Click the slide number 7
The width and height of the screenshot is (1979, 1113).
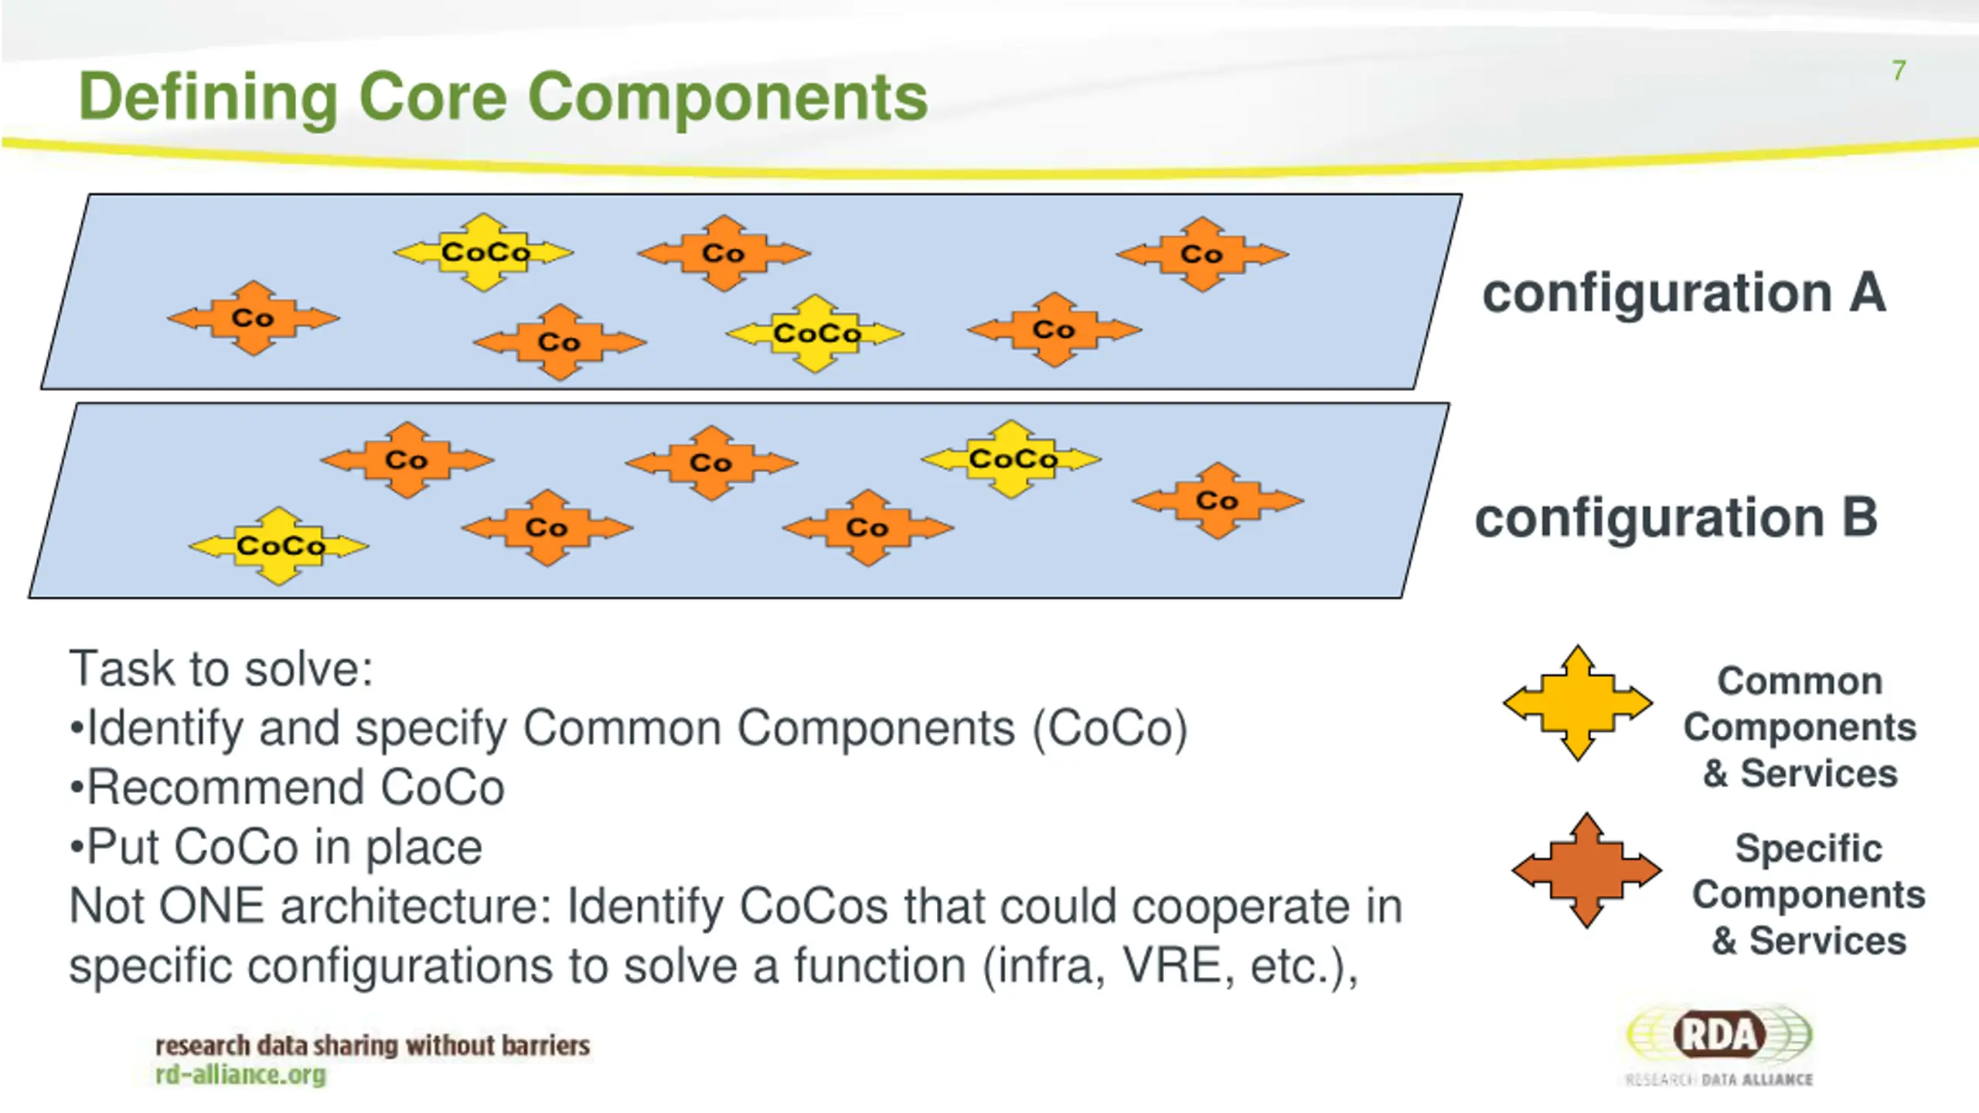tap(1899, 70)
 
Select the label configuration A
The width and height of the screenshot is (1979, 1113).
tap(1684, 294)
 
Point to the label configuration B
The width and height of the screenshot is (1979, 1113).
tap(1676, 519)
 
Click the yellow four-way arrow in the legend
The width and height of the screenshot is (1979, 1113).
tap(1578, 703)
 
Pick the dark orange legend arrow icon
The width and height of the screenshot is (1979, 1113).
tap(1586, 870)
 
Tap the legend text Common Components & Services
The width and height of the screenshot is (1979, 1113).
tap(1800, 727)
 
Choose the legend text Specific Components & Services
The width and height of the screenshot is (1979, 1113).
tap(1809, 894)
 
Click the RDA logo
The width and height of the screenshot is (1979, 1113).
tap(1719, 1045)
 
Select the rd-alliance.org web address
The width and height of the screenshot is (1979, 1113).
tap(240, 1074)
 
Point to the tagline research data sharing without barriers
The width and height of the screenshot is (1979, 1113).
tap(373, 1045)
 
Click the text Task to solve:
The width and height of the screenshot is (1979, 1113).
tap(221, 669)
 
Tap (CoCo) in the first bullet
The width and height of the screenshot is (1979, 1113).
tap(1110, 729)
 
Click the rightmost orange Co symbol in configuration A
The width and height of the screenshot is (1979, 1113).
tap(1202, 254)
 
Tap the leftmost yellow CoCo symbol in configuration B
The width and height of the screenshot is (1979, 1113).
tap(279, 546)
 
